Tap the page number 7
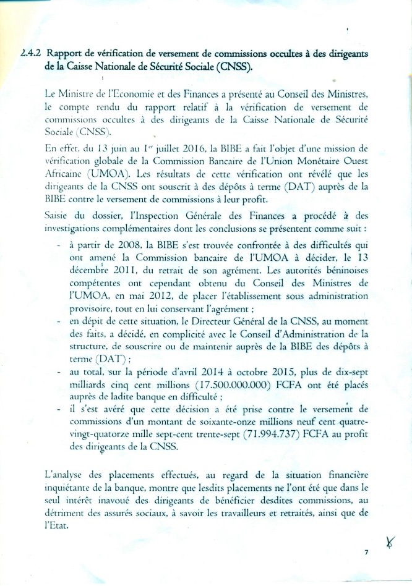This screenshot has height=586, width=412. (x=366, y=553)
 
